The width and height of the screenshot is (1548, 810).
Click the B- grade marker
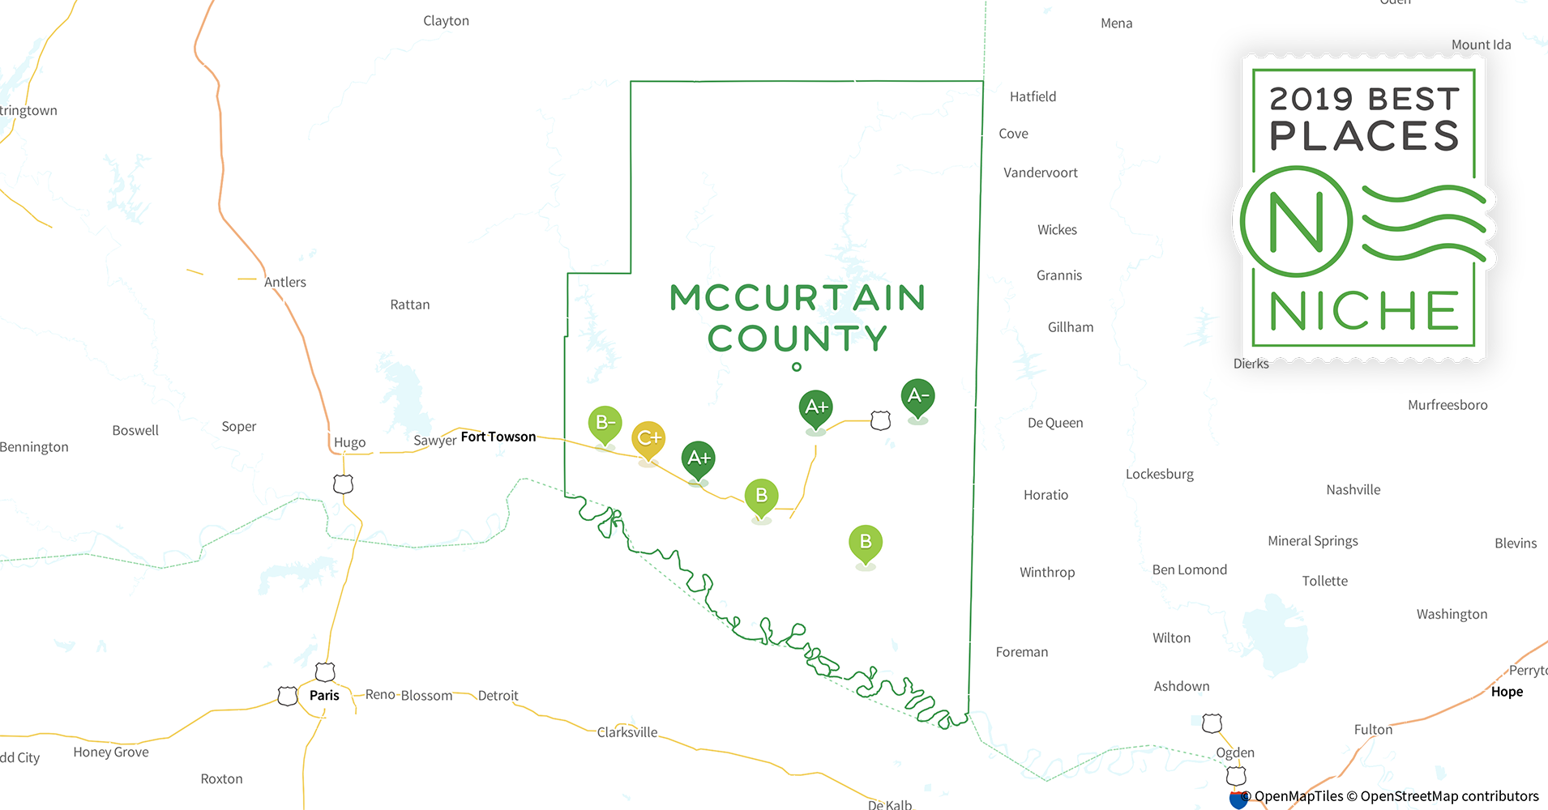(x=605, y=423)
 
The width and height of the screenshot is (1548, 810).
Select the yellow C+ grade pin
(x=648, y=438)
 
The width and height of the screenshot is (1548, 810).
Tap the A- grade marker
(x=917, y=396)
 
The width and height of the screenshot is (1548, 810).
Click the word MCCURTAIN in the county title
(x=798, y=298)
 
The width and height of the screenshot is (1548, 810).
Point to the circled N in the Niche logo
(x=1296, y=221)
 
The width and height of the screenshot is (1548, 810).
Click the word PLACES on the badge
(x=1364, y=135)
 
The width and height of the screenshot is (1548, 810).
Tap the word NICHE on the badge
(x=1364, y=311)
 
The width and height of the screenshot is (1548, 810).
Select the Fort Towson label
(x=498, y=437)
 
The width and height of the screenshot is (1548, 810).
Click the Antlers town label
(x=285, y=282)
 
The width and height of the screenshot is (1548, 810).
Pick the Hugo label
(x=349, y=442)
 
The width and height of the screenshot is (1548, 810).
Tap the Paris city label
(x=324, y=695)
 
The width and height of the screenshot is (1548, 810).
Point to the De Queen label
(x=1054, y=423)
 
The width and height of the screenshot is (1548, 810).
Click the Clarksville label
(x=627, y=732)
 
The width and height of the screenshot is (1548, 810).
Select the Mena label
(x=1116, y=23)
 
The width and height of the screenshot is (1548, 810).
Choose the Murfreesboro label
(x=1448, y=405)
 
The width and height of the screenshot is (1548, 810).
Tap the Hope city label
(x=1507, y=692)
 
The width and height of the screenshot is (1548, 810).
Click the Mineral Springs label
(x=1312, y=541)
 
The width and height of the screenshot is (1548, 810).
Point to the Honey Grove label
(x=111, y=752)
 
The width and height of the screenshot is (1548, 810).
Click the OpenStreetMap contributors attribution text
(x=1448, y=796)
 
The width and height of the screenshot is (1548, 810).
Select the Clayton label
(x=446, y=21)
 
